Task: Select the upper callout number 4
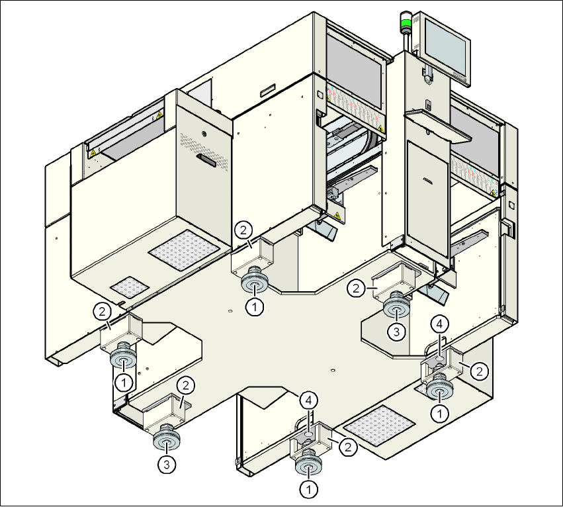[441, 324]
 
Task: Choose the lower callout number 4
[308, 400]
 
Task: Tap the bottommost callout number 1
[308, 490]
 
